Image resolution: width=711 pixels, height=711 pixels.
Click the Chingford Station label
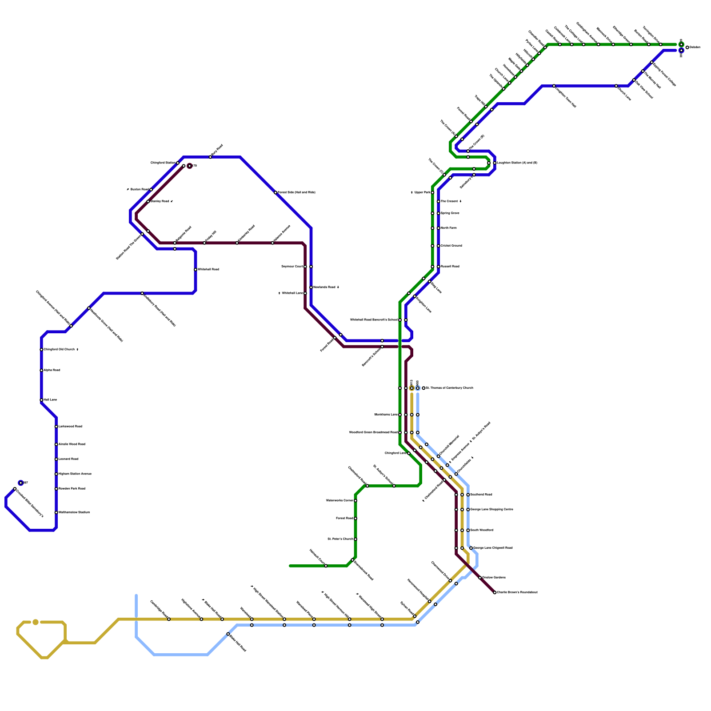163,163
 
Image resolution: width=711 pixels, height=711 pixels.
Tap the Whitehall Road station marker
196,270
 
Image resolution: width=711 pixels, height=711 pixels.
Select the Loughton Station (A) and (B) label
517,163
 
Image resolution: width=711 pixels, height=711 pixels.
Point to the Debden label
695,48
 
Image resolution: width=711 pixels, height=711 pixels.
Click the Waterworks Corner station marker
355,501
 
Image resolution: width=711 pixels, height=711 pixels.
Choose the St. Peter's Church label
340,539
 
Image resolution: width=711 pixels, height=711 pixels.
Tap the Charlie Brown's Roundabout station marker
495,592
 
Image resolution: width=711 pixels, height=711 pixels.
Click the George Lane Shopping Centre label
491,509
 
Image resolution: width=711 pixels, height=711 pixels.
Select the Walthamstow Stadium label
74,512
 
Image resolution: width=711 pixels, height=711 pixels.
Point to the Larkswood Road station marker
56,427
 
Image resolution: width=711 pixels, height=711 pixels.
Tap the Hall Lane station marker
41,400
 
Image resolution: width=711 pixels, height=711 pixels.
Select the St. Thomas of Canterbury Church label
449,388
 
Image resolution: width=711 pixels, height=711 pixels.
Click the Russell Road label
450,267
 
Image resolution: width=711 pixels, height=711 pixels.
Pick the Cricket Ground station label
451,246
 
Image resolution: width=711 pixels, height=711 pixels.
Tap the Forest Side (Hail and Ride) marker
276,192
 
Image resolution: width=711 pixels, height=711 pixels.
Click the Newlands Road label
325,288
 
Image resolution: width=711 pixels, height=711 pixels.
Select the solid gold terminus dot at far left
36,622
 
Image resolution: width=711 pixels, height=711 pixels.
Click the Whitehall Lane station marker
305,293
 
